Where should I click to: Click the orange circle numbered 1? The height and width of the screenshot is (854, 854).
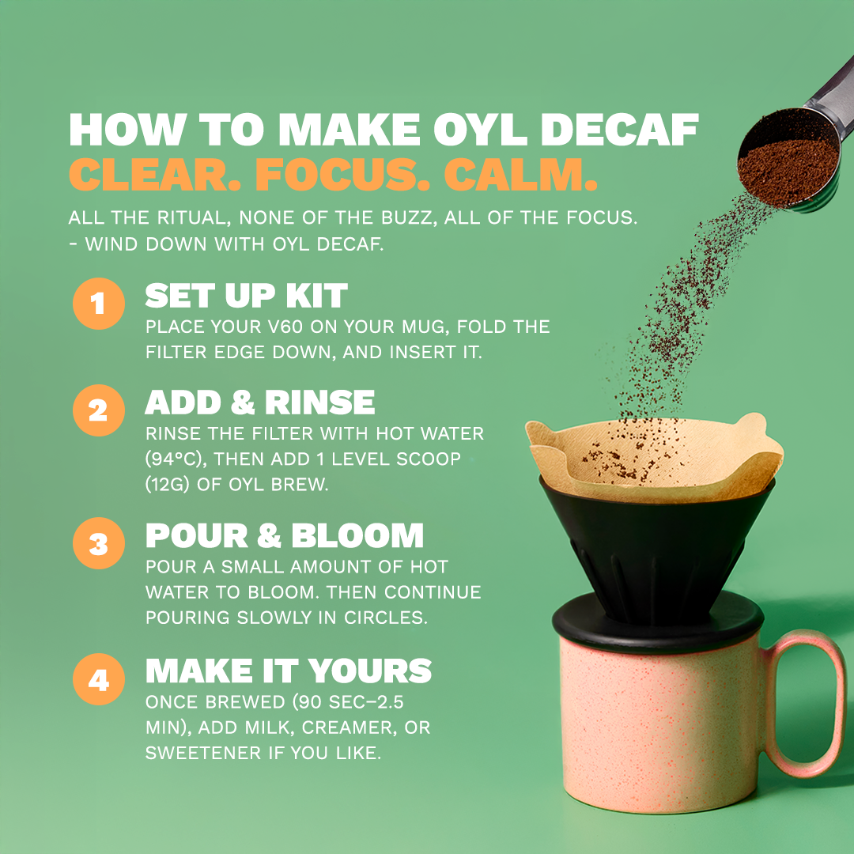[98, 304]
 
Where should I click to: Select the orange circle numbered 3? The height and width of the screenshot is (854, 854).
[98, 544]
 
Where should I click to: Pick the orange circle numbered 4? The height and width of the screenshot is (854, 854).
[98, 679]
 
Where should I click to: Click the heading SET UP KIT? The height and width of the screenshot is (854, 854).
[246, 296]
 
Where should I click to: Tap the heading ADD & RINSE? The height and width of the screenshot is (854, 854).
[259, 402]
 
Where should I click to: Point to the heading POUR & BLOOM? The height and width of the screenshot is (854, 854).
[284, 535]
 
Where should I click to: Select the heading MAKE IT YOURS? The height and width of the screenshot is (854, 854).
[288, 671]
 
